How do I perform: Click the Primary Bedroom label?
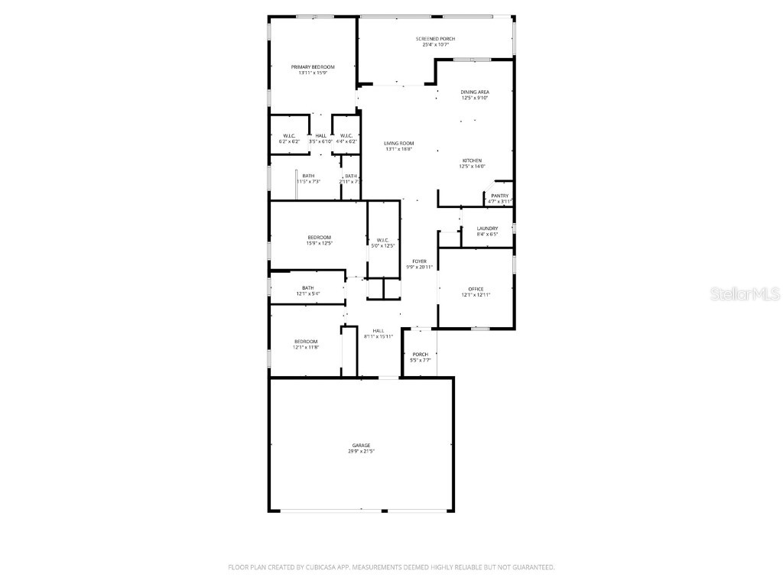point(312,67)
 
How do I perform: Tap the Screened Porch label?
point(435,39)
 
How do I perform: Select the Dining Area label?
point(475,92)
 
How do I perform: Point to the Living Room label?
point(398,144)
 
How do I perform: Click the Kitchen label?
point(471,161)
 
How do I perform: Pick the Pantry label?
point(499,196)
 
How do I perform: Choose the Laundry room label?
point(487,229)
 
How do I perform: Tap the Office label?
point(476,289)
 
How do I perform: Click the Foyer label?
point(419,261)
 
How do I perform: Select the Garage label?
point(361,445)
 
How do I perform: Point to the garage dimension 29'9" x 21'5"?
point(361,451)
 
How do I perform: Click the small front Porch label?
point(421,354)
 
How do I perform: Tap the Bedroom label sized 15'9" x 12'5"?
point(319,237)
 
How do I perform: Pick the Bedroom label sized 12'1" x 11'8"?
point(306,341)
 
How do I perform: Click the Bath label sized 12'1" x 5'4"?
point(307,288)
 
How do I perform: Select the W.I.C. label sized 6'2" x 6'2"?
point(288,136)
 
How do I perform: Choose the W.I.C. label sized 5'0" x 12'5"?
point(383,240)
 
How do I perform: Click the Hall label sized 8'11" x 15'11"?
point(379,330)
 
